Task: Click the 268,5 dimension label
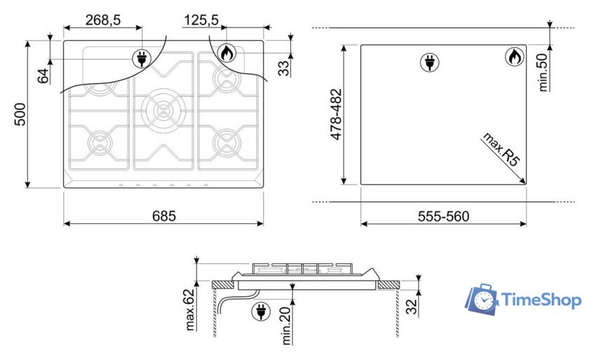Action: point(103,20)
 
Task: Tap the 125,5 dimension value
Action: point(201,20)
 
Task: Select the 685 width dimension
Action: point(164,215)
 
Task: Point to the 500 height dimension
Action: point(20,114)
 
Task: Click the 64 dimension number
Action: point(43,76)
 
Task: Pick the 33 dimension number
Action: point(283,68)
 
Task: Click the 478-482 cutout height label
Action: point(336,114)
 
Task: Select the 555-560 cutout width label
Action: point(444,216)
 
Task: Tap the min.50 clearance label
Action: point(543,72)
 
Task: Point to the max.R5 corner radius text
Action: point(501,149)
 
